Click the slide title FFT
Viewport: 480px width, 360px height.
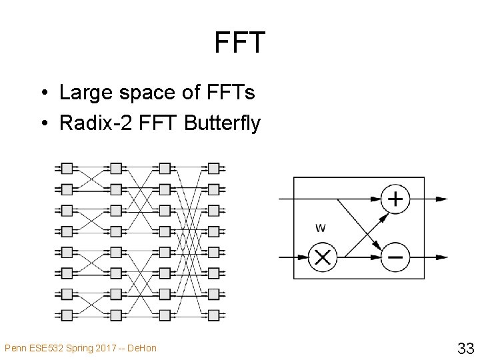point(240,43)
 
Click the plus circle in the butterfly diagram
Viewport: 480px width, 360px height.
point(395,199)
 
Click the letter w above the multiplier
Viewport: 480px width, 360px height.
point(320,228)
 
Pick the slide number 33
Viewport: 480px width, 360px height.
point(465,347)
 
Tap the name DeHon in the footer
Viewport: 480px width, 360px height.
point(143,348)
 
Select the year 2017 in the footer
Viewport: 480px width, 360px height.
point(99,348)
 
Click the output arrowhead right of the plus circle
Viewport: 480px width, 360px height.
point(441,199)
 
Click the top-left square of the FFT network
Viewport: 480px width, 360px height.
point(67,167)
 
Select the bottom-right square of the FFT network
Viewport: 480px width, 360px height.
point(213,314)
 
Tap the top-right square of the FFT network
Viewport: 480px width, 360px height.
point(213,167)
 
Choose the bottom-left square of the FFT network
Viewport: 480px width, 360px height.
point(67,314)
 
